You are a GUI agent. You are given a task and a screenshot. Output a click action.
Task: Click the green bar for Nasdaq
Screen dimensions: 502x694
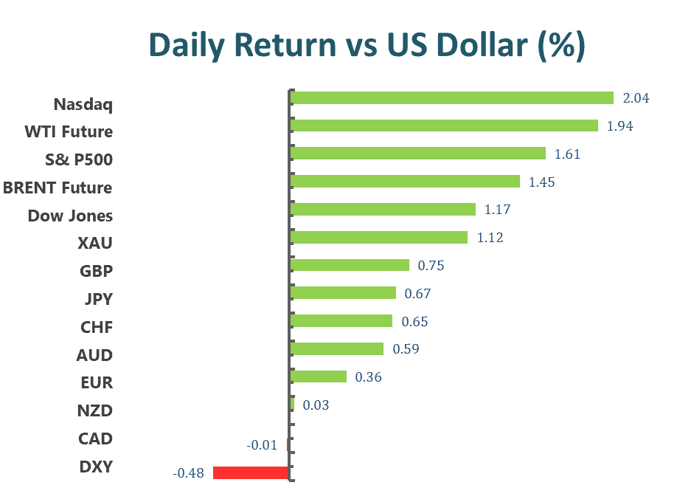451,97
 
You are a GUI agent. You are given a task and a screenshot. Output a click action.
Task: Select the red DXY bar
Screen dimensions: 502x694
250,472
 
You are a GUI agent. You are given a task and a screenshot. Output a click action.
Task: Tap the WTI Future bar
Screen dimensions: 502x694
444,125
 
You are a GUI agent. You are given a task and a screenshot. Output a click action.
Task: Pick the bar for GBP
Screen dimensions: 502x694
350,265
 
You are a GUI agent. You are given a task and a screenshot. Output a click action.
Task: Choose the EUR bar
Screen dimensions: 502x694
319,376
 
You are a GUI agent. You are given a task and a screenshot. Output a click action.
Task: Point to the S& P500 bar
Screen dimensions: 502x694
418,154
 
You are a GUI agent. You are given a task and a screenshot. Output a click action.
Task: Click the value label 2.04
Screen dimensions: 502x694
636,98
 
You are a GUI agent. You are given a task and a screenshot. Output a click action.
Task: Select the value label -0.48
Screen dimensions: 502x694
187,473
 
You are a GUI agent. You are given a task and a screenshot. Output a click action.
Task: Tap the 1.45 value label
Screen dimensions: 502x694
542,182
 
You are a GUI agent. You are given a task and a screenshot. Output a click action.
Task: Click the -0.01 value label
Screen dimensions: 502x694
262,444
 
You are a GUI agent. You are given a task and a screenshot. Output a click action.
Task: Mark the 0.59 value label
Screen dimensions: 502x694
406,348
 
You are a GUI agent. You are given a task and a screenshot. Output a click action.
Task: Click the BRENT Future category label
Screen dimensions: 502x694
58,188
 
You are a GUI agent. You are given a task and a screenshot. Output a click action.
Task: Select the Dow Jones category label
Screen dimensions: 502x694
70,216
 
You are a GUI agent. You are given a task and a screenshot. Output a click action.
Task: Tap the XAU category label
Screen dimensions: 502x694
95,243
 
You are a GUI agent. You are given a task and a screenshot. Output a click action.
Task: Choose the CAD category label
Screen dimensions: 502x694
95,439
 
